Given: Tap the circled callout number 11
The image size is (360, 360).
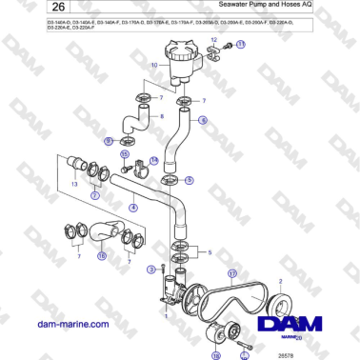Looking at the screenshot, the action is (x=240, y=45).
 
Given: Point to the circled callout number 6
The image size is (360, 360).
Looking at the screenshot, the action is (x=202, y=122).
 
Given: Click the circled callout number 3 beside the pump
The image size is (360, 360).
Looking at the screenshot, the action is (x=150, y=270).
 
